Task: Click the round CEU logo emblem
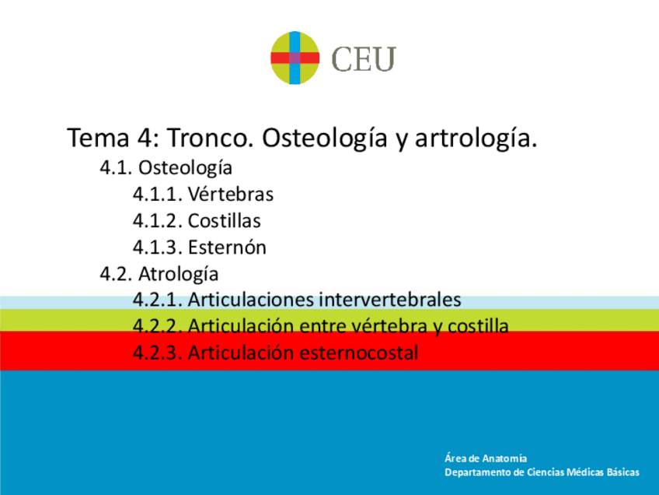coord(295,58)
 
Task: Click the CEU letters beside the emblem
coord(364,59)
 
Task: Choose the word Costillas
coord(224,221)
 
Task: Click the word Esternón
coord(227,247)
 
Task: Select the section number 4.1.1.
coord(157,194)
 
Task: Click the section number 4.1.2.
coord(157,221)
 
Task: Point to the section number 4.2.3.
coord(157,353)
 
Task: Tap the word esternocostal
coord(358,353)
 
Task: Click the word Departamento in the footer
coord(477,472)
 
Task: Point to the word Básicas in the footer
coord(621,472)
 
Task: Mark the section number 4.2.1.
coord(157,300)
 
